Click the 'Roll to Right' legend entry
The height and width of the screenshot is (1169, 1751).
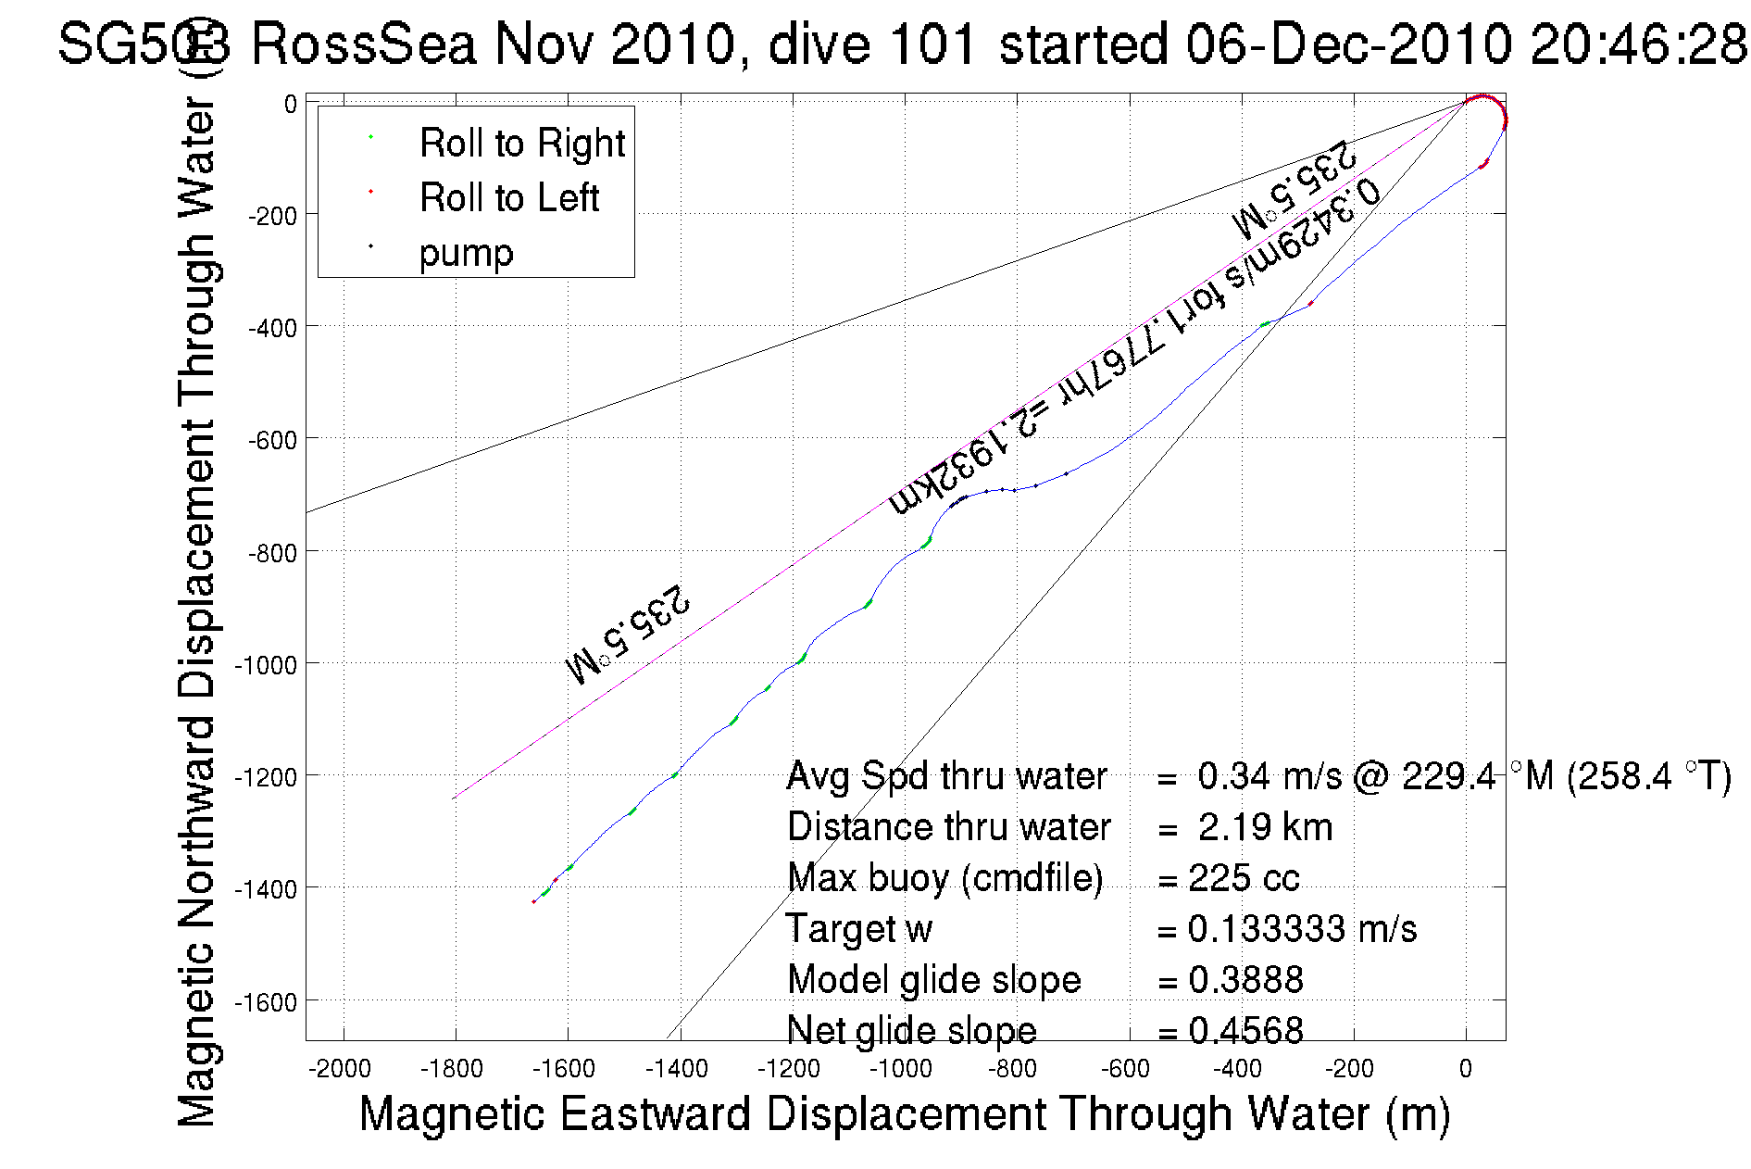[x=521, y=144]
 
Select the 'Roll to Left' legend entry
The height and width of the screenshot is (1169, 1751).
[x=508, y=198]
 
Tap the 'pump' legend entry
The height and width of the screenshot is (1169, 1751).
[x=466, y=253]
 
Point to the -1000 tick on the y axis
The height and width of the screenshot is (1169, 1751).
[x=267, y=664]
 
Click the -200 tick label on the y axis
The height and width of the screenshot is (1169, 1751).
[x=272, y=216]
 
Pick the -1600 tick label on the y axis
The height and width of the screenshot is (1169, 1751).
[x=267, y=1002]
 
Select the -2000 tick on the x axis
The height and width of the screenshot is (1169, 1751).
[x=344, y=1069]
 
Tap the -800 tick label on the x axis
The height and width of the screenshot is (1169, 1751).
[x=1011, y=1069]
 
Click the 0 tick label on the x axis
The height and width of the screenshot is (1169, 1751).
[x=1465, y=1069]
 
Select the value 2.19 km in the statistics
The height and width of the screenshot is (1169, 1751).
[x=1265, y=827]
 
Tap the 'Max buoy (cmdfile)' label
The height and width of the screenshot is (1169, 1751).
[x=944, y=878]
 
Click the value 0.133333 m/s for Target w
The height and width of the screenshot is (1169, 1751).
[x=1302, y=929]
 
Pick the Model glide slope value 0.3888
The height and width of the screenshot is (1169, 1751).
[x=1245, y=980]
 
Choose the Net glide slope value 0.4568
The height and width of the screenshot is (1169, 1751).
[x=1245, y=1030]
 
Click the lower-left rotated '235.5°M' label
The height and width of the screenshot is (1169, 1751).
[x=628, y=635]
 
